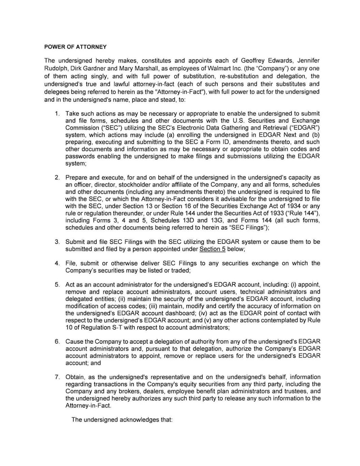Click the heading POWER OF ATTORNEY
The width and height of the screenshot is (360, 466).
75,47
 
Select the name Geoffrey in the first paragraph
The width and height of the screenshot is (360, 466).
253,61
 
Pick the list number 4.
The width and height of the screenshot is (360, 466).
57,263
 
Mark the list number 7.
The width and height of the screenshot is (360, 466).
57,377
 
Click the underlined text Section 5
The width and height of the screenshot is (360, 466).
212,249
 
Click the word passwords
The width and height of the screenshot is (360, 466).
80,156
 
